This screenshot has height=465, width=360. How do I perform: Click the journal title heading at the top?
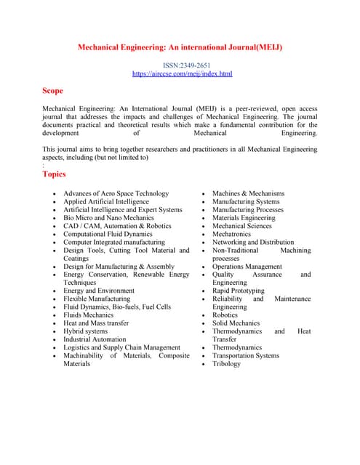(180, 48)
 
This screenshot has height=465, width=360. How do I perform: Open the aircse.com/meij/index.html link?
(182, 74)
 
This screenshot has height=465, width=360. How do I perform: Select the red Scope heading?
(53, 91)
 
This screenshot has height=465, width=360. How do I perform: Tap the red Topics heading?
(55, 174)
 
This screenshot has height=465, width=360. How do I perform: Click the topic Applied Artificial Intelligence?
(106, 201)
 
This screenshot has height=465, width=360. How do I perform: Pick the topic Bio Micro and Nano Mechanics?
(108, 218)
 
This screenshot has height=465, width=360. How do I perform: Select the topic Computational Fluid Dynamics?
(108, 234)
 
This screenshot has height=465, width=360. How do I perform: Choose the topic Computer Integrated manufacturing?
(114, 242)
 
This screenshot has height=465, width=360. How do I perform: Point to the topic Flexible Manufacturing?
(97, 299)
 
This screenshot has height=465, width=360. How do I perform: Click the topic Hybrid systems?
(85, 331)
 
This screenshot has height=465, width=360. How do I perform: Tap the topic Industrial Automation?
(95, 339)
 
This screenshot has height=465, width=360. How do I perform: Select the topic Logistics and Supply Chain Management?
(121, 347)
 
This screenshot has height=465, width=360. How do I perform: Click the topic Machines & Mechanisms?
(248, 193)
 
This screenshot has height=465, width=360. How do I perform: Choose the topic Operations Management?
(247, 267)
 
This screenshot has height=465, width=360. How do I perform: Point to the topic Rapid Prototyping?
(239, 291)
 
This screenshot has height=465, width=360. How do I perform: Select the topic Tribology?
(226, 364)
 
